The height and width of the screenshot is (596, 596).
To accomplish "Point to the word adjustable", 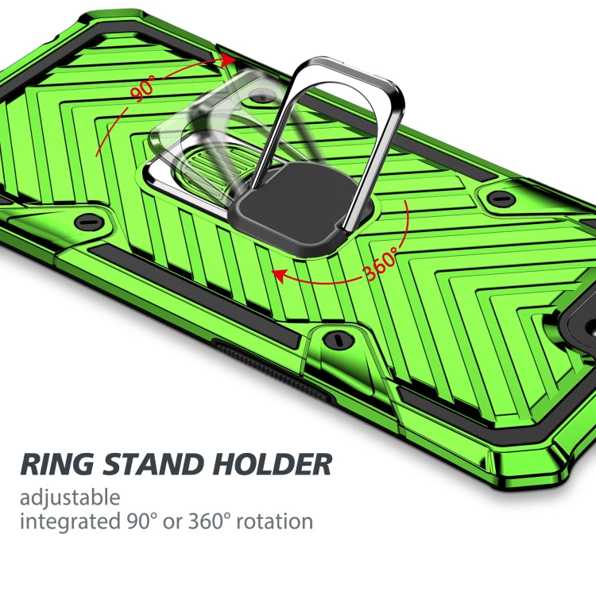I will click(x=70, y=498).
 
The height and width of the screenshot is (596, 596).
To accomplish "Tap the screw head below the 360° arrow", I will click(x=340, y=340).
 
